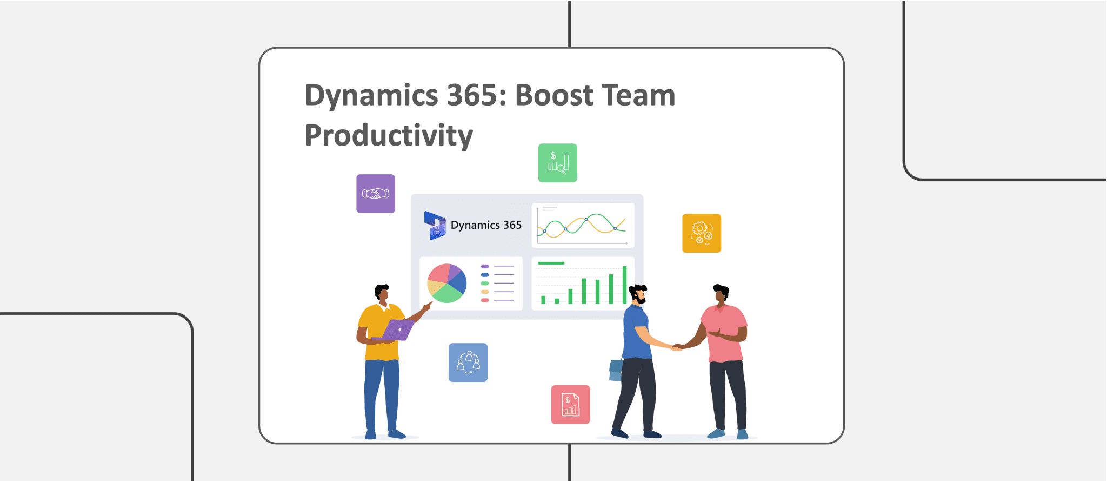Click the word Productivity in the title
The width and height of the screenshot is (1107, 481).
pos(389,135)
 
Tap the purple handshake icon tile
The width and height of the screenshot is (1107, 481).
pos(376,194)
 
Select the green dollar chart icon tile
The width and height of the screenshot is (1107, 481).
pos(558,163)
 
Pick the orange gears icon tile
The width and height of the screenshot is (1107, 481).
pos(702,233)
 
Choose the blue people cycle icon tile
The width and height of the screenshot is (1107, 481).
pos(468,363)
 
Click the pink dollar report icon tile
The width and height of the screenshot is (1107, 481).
pos(571,405)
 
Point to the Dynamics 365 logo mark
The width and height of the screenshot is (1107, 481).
pos(435,225)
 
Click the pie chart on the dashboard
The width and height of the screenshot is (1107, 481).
pos(447,284)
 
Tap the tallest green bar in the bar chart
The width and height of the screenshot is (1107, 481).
pos(624,285)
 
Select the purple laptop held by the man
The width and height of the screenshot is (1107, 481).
pos(396,330)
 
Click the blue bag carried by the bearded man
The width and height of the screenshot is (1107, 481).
pos(616,370)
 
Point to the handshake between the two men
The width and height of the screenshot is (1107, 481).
pos(677,347)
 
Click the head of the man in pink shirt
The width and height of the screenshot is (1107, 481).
pos(721,293)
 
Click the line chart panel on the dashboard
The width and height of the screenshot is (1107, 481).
pos(583,225)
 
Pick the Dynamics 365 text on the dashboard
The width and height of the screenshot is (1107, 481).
pos(486,225)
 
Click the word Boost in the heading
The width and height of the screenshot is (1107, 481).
pos(554,95)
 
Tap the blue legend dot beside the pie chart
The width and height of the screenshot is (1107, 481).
pos(485,275)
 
